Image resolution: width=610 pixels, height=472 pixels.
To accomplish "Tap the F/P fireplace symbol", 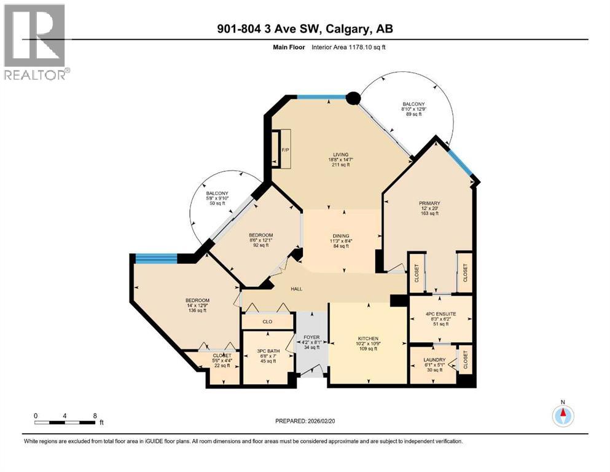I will click(284, 149).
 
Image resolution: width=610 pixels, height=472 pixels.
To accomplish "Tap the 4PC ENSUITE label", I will click(439, 316).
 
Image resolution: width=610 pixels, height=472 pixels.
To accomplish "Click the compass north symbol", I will click(563, 415).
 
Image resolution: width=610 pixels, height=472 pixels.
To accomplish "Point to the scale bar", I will click(65, 422).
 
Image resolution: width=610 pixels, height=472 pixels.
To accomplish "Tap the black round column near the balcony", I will click(353, 98).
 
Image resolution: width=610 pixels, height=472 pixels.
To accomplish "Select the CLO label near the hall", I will click(267, 321).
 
